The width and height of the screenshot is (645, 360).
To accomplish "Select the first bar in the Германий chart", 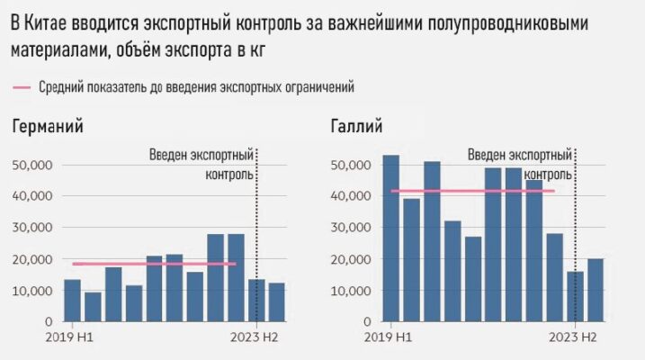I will coord(72,300).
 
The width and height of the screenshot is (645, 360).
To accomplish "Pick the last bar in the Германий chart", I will coord(276,301).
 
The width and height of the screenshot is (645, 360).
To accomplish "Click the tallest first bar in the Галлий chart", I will coord(390,238).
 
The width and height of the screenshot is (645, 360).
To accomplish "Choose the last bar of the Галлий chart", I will coord(596,290).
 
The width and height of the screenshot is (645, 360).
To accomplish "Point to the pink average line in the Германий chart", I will coord(154,264).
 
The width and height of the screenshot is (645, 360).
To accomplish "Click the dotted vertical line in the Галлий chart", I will coord(576,234).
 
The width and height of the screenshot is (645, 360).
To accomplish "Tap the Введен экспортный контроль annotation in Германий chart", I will coord(202,165).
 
